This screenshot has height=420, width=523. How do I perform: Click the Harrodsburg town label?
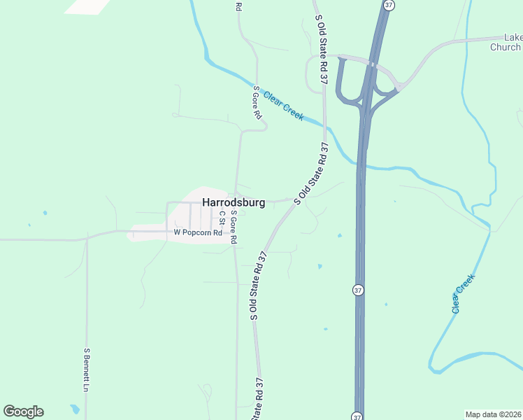pyautogui.click(x=234, y=202)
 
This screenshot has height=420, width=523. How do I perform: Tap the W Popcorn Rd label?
pyautogui.click(x=198, y=232)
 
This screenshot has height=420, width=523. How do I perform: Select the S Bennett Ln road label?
pyautogui.click(x=87, y=370)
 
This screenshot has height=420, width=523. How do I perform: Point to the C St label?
pyautogui.click(x=222, y=217)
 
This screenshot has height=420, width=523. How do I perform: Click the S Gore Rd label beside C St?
pyautogui.click(x=234, y=227)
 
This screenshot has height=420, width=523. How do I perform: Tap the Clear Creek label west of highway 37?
pyautogui.click(x=284, y=104)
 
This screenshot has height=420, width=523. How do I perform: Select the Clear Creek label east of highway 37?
pyautogui.click(x=463, y=293)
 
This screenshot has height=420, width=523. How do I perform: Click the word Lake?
pyautogui.click(x=513, y=38)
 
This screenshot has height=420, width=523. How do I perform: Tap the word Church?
pyautogui.click(x=505, y=48)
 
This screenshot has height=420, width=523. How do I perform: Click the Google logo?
pyautogui.click(x=23, y=412)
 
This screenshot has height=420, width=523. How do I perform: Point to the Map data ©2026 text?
pyautogui.click(x=493, y=414)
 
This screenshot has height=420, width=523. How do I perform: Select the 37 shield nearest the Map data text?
pyautogui.click(x=358, y=414)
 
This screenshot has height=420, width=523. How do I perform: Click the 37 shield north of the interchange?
pyautogui.click(x=389, y=5)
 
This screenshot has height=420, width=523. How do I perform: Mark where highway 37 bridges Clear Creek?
pyautogui.click(x=361, y=166)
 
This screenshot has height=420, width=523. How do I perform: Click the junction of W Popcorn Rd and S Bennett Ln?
pyautogui.click(x=87, y=238)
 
